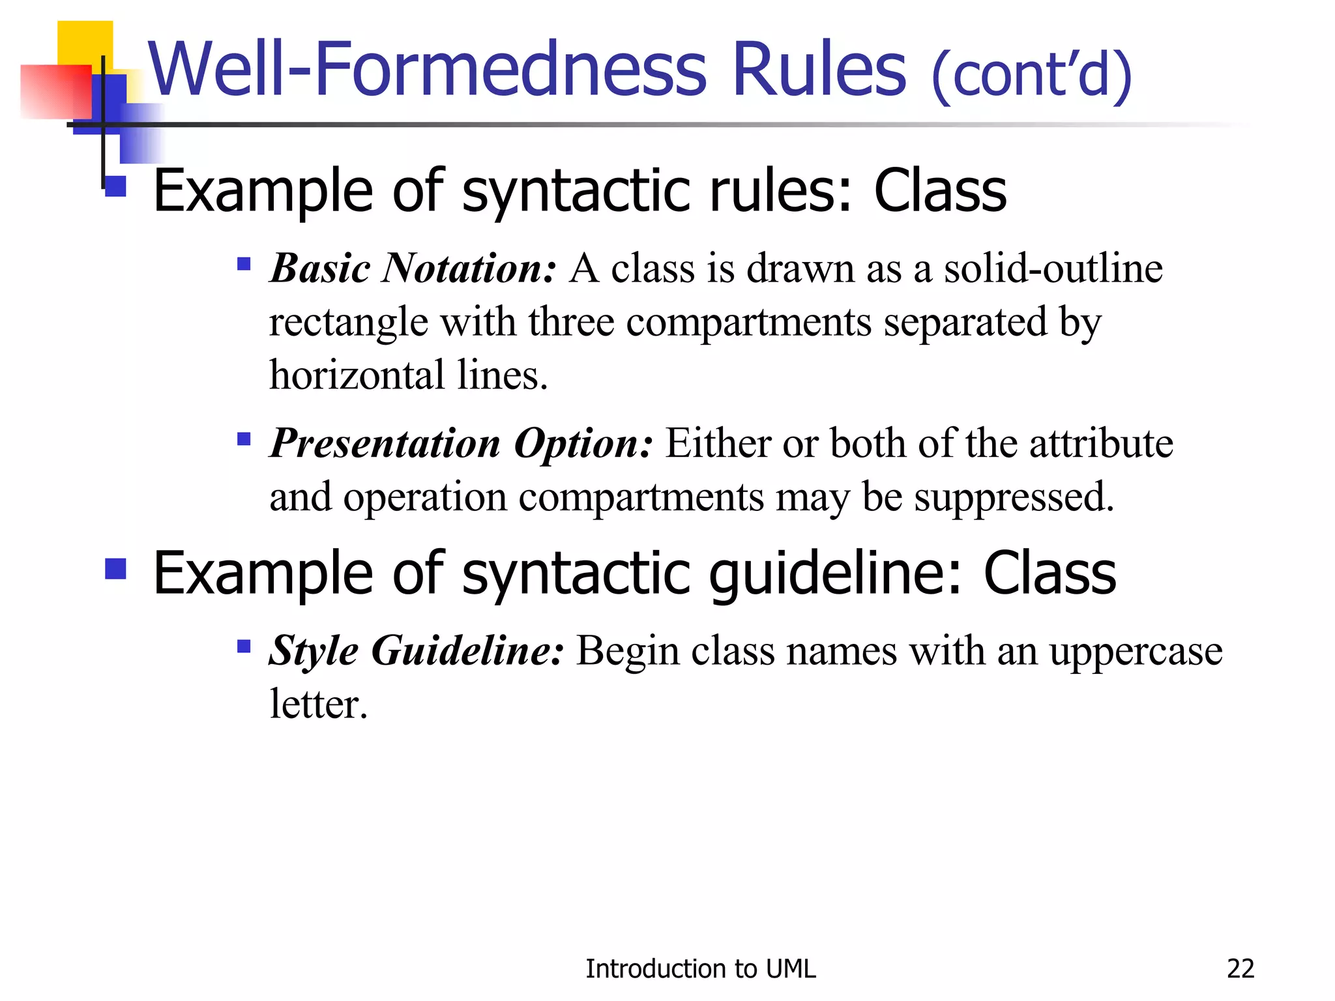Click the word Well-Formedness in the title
[x=428, y=69]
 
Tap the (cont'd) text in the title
[x=1031, y=76]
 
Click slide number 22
[x=1240, y=969]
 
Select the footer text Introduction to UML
[x=700, y=969]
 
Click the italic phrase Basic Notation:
[x=413, y=268]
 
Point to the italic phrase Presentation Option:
[x=461, y=443]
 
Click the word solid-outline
[x=1053, y=268]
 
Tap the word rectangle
[x=348, y=323]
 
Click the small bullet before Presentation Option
[x=244, y=439]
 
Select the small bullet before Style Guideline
[x=244, y=646]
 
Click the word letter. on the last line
[x=319, y=704]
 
